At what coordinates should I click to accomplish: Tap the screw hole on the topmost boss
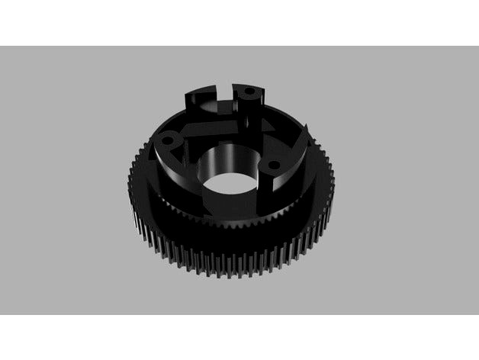249,92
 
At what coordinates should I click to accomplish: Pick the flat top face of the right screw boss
279,164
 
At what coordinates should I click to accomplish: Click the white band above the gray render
239,23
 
